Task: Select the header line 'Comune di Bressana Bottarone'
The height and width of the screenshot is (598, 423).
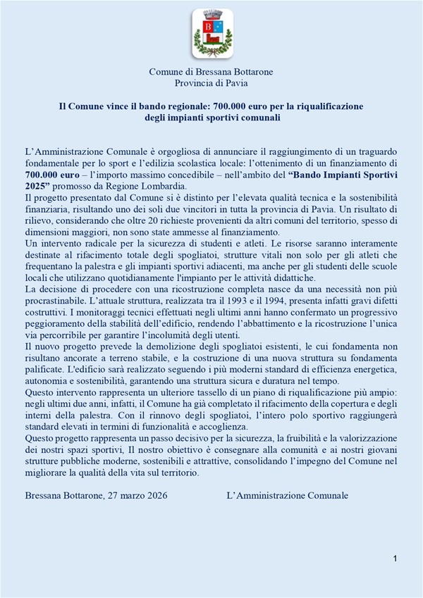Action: (x=211, y=72)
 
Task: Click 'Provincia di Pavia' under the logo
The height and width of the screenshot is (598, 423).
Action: (x=211, y=82)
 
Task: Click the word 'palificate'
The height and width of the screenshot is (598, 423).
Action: (x=46, y=370)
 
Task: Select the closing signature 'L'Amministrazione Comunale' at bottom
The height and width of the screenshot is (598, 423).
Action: (x=288, y=495)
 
